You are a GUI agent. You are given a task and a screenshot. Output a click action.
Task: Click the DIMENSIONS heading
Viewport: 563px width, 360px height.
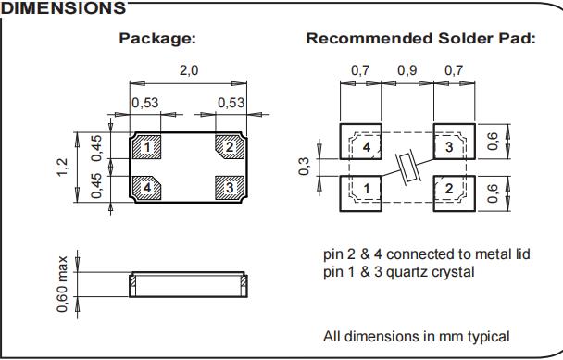point(63,8)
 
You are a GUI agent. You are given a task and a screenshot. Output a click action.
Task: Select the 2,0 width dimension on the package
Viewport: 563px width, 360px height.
point(189,70)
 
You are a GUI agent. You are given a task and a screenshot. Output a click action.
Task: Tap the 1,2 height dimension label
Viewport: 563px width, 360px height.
point(62,168)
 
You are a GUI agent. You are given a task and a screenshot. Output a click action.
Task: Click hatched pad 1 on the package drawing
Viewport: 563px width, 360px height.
point(147,147)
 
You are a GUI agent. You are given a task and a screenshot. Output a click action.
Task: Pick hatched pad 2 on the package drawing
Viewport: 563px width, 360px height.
point(230,147)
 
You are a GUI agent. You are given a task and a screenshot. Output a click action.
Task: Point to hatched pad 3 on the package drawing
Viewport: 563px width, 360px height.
point(230,188)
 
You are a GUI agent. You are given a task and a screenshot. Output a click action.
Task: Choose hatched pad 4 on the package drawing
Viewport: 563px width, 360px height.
point(147,188)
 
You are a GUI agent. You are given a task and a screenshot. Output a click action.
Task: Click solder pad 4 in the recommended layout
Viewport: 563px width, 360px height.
point(360,142)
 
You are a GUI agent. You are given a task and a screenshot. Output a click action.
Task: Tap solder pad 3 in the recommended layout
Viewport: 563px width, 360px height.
point(455,142)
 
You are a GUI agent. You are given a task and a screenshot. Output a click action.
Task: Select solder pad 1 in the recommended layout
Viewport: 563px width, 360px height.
point(360,193)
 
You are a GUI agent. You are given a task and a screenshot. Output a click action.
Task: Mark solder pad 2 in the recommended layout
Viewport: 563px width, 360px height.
point(455,193)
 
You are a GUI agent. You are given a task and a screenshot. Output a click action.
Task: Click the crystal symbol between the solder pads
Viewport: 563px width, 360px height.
point(408,168)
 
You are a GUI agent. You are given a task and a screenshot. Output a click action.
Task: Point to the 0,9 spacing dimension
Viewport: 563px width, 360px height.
point(407,70)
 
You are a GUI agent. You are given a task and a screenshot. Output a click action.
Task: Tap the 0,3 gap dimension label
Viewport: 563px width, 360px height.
point(304,167)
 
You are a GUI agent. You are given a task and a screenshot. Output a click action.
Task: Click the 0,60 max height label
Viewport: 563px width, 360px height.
point(62,284)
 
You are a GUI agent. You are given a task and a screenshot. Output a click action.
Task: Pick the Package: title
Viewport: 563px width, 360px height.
point(157,38)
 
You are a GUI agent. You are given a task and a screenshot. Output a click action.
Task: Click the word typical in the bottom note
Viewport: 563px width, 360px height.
point(489,337)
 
